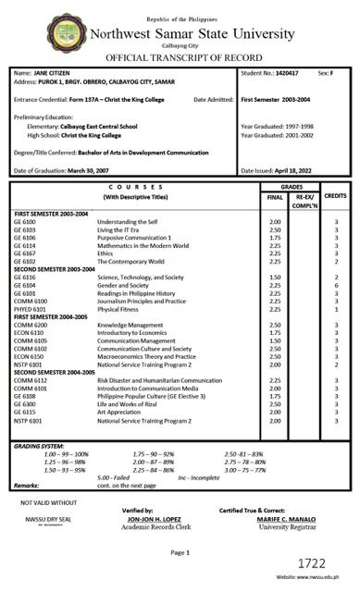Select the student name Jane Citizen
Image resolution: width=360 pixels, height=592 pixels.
53,71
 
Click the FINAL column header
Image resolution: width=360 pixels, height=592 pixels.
274,197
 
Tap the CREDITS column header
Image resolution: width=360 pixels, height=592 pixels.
335,197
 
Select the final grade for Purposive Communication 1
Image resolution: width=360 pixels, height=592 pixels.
274,238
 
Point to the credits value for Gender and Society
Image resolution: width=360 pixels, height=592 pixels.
336,287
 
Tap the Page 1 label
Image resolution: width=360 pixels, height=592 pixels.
180,551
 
